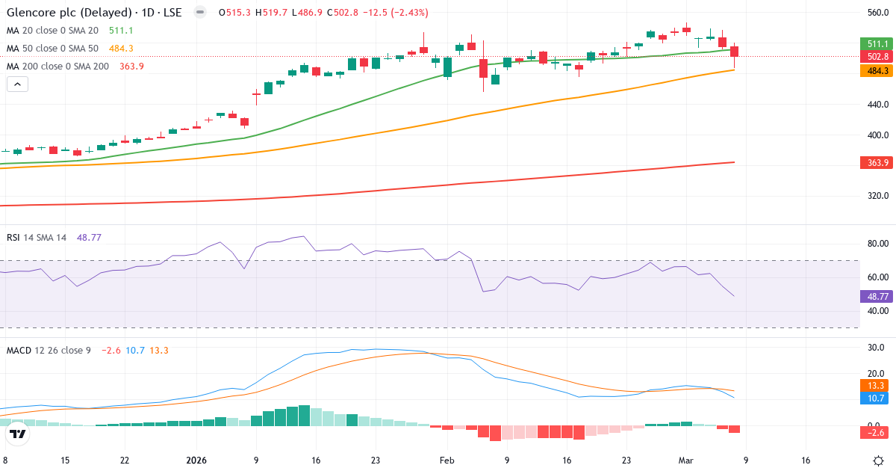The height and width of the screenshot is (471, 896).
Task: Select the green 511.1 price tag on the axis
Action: (x=877, y=43)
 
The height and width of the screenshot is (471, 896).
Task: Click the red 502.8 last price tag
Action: (x=877, y=57)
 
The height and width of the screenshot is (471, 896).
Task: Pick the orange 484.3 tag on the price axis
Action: (x=877, y=70)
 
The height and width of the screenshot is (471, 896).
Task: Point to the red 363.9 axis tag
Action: (x=877, y=162)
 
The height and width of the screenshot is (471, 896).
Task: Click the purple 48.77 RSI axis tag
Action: (x=877, y=296)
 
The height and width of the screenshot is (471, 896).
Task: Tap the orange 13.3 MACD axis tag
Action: (x=877, y=385)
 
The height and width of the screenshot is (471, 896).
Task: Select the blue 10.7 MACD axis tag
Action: (x=877, y=398)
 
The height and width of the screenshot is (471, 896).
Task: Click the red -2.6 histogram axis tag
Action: (x=877, y=433)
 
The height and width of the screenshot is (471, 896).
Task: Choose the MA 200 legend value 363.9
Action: (x=131, y=66)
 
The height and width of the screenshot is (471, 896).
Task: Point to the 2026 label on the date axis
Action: (x=196, y=461)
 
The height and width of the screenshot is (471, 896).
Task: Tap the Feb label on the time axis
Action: (x=447, y=461)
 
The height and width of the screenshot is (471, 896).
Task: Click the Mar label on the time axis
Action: (x=686, y=461)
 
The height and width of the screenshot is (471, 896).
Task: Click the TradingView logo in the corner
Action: (x=18, y=434)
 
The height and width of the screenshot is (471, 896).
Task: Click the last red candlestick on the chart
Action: (x=735, y=52)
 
